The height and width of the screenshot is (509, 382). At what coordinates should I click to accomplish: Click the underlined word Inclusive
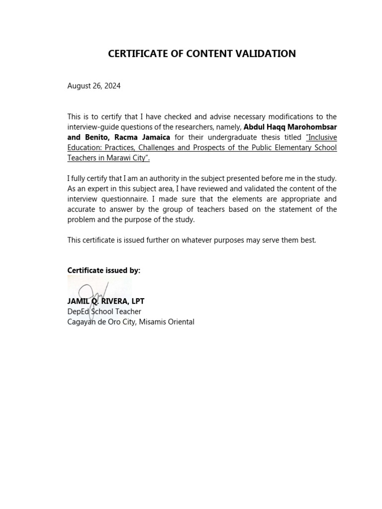321,137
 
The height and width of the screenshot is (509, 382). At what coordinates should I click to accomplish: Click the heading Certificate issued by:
104,270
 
